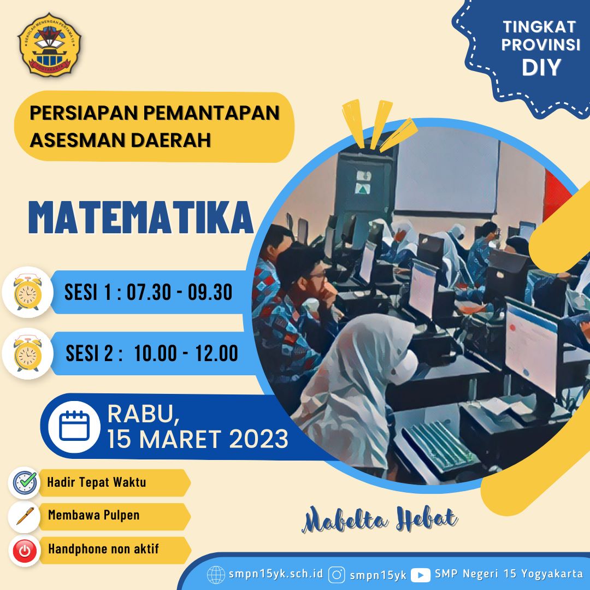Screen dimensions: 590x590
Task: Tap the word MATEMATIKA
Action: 141,218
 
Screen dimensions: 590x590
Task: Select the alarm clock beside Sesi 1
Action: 27,292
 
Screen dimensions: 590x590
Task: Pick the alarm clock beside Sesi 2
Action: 27,353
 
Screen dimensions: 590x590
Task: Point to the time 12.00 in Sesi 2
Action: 216,353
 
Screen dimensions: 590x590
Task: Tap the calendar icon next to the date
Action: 74,426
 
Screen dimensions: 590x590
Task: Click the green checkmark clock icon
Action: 25,482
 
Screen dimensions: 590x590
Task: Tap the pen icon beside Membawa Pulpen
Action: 25,516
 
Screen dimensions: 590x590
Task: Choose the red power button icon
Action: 25,551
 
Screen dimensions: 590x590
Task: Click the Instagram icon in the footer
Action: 337,575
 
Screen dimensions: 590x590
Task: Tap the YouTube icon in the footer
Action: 420,575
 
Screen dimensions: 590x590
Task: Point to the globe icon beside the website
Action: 216,575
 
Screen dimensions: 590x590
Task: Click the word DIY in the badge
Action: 541,67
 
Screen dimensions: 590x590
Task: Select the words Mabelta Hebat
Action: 380,520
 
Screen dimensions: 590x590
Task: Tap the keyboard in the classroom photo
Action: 438,446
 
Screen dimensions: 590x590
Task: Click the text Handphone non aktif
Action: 103,549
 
